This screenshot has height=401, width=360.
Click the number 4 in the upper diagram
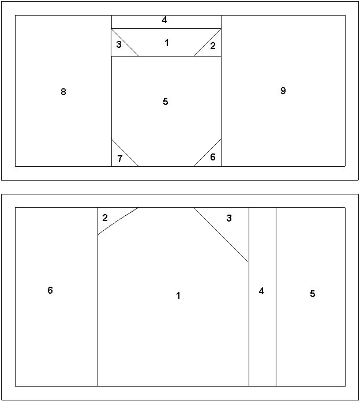(164, 20)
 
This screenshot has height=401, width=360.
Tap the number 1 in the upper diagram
(167, 43)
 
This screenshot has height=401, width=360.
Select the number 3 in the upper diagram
(119, 44)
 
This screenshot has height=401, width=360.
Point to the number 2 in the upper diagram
(213, 46)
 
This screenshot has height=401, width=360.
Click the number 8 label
(63, 92)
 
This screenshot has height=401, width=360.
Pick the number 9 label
(283, 91)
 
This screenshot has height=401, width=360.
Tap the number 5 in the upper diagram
(166, 102)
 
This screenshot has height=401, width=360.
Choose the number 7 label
(120, 159)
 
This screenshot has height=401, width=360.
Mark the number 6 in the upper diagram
(213, 157)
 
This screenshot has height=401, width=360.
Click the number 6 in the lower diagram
(50, 290)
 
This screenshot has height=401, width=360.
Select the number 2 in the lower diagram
(105, 218)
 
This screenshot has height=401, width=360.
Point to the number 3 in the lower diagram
(229, 218)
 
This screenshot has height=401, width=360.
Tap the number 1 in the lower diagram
(178, 295)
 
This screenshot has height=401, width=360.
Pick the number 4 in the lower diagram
(261, 291)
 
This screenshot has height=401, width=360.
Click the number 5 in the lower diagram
(313, 294)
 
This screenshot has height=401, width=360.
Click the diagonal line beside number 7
(125, 152)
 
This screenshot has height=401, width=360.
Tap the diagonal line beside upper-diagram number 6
(207, 153)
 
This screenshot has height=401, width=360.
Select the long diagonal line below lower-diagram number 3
(221, 235)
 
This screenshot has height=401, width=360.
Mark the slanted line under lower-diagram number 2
(118, 220)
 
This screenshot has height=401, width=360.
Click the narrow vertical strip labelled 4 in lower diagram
(262, 297)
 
